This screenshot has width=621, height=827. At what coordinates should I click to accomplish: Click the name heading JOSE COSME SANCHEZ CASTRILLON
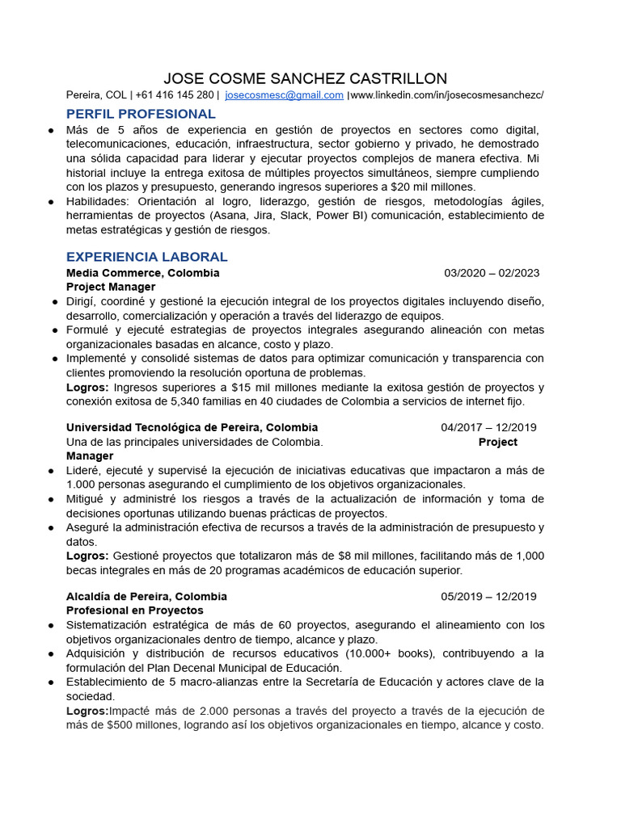click(x=305, y=78)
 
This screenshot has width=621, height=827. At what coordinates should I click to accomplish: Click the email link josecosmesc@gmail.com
click(x=284, y=95)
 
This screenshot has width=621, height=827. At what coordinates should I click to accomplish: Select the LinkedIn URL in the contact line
click(x=447, y=95)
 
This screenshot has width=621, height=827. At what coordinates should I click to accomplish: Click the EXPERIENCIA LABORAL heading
click(x=146, y=257)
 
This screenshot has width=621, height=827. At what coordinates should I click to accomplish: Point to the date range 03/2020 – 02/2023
click(x=492, y=273)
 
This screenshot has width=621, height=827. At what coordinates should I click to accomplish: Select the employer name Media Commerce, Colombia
click(x=142, y=273)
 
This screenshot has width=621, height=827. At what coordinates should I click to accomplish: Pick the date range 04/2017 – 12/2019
click(x=488, y=427)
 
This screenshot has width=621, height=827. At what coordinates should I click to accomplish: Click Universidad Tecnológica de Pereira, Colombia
click(x=192, y=427)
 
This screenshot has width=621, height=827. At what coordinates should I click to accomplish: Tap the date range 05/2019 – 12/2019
click(x=488, y=597)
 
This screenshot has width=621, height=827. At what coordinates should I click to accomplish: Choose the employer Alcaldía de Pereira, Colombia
click(x=146, y=597)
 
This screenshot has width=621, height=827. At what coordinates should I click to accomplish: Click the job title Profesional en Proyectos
click(x=134, y=611)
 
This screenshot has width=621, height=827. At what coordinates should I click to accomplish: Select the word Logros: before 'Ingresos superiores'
click(x=87, y=388)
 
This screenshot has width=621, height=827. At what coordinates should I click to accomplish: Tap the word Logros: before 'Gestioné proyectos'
click(x=87, y=556)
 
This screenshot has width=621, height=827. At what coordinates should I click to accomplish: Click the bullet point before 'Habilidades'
click(x=51, y=202)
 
